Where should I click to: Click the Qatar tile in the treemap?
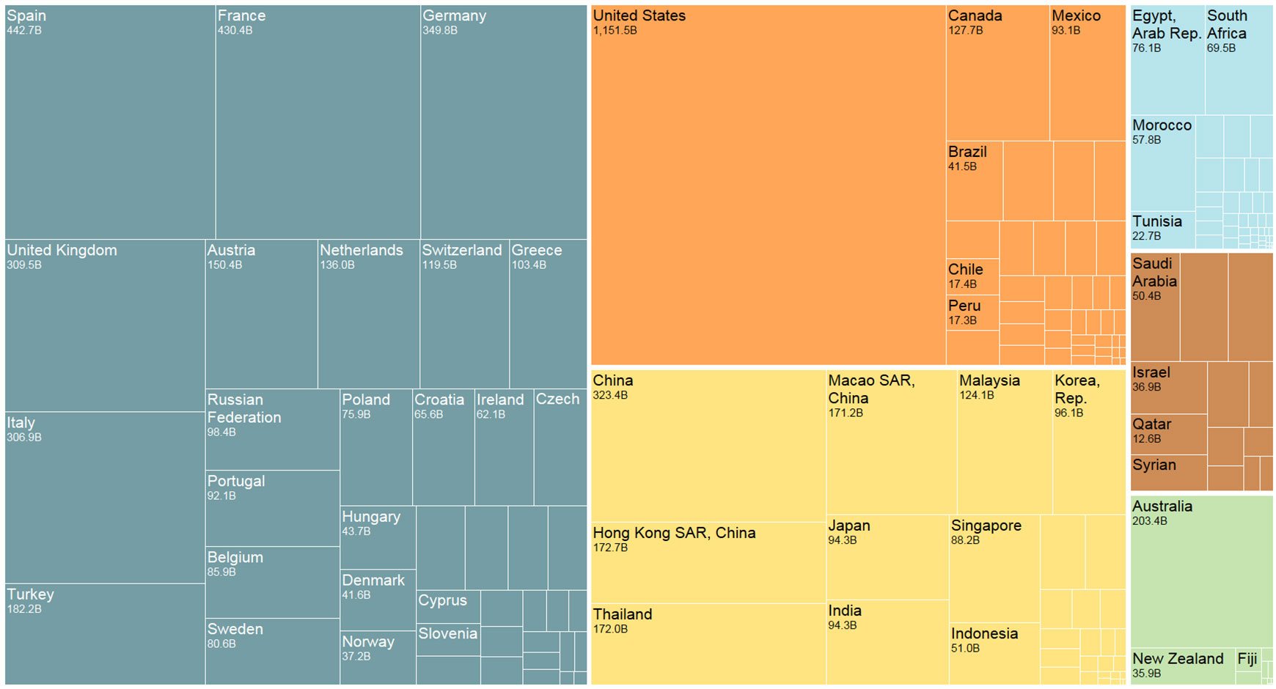pos(1168,434)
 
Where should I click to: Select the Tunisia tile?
pos(1162,229)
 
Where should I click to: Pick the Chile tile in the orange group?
pos(972,276)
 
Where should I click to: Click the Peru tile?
pos(972,313)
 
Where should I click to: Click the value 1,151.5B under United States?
pos(615,31)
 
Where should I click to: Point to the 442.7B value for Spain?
pos(24,31)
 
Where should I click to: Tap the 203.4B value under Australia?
pos(1149,521)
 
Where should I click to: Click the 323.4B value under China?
pos(610,396)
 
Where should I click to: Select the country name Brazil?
pos(967,152)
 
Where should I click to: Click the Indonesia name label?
pos(984,633)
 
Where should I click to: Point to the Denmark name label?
pos(373,580)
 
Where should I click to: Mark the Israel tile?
pos(1168,387)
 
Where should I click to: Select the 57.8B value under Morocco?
pos(1146,140)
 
